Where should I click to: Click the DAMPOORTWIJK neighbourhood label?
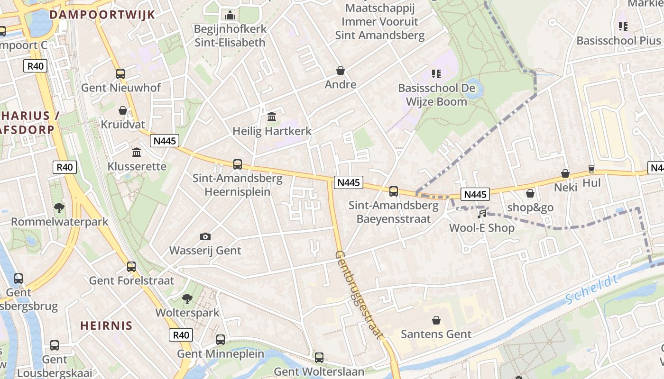click(102, 14)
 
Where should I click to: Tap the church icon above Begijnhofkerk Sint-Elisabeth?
click(230, 16)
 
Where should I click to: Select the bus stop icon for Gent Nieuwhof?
click(120, 73)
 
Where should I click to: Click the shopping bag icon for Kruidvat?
click(123, 110)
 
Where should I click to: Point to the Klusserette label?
click(137, 166)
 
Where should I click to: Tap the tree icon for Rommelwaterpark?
click(59, 208)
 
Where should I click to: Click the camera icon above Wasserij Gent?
click(205, 236)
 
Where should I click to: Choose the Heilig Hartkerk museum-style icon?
click(272, 117)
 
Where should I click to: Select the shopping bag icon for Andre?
click(341, 71)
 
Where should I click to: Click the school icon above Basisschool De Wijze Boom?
click(436, 74)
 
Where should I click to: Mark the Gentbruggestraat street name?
click(359, 295)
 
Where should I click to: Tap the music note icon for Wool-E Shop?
click(482, 214)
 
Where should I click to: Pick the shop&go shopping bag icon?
click(530, 193)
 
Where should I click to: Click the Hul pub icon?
click(591, 169)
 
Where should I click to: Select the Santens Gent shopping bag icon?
click(436, 320)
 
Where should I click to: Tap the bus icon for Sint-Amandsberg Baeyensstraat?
click(394, 191)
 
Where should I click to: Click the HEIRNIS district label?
click(106, 325)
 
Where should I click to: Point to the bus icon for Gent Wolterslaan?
click(319, 357)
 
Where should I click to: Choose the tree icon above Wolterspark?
click(187, 298)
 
